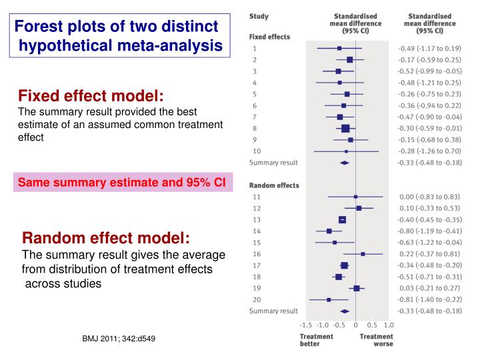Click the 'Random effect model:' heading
[106, 239]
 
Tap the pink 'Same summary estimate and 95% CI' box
[122, 182]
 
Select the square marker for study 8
[345, 128]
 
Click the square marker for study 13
[342, 219]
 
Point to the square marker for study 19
[357, 288]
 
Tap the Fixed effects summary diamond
[345, 163]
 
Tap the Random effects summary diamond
[345, 311]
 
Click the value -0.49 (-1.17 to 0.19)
[429, 48]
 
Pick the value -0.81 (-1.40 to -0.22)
[429, 299]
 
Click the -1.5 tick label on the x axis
[307, 325]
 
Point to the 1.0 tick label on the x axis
[389, 325]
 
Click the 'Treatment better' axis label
[316, 340]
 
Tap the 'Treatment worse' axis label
[377, 340]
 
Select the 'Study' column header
[259, 15]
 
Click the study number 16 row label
[257, 253]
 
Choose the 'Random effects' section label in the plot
[274, 185]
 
